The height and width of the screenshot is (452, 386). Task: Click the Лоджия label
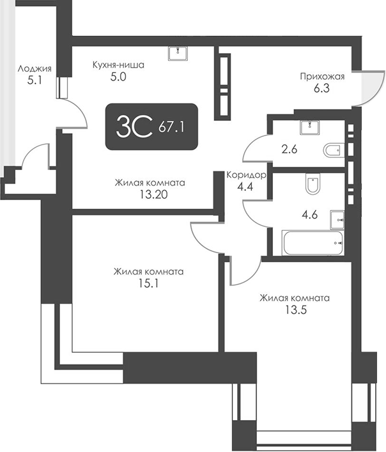pos(35,70)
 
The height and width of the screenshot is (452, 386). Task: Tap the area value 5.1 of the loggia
pos(35,81)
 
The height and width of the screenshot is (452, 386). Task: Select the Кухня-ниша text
pos(118,65)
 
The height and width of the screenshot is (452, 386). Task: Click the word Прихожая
pos(322,77)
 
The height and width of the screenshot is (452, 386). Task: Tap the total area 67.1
pos(171,128)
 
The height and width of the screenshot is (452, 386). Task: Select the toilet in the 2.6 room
pos(333,151)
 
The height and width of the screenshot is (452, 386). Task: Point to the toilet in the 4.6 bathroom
pos(312,185)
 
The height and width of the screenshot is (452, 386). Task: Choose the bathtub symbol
pos(313,242)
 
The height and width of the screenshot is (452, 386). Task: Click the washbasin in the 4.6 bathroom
pos(337,219)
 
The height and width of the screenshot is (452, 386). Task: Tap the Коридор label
pos(246,174)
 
